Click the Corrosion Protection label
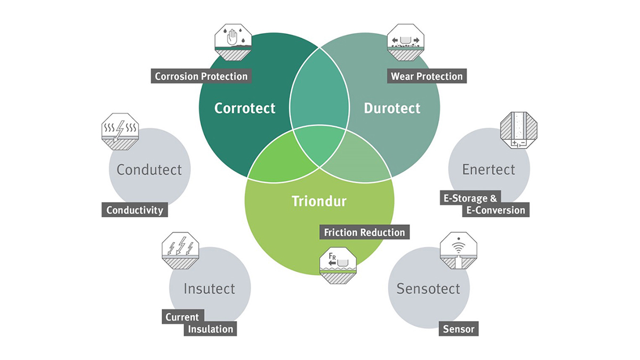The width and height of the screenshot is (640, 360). [x=201, y=76]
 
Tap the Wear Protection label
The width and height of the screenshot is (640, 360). [x=427, y=76]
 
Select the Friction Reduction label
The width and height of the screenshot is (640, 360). [x=365, y=232]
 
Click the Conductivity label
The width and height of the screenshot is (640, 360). [x=134, y=210]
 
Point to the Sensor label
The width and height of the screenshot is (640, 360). [x=459, y=329]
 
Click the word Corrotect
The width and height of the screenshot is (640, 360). [x=245, y=108]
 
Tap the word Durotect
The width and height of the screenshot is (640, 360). [x=392, y=108]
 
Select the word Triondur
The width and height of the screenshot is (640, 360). [x=319, y=201]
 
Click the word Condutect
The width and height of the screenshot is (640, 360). [x=149, y=170]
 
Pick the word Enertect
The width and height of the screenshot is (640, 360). [x=489, y=170]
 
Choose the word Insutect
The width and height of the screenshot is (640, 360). [x=209, y=289]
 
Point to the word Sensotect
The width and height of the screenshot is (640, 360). [x=428, y=289]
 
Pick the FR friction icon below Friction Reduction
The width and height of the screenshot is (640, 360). [x=338, y=266]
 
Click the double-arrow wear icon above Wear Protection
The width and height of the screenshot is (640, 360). [x=405, y=42]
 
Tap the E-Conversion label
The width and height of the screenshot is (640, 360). [x=495, y=210]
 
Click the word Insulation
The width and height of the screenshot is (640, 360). [x=210, y=329]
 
